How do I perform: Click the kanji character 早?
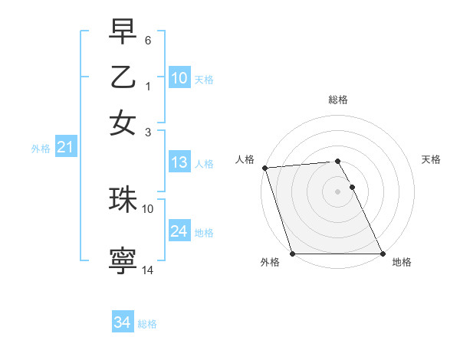[x=123, y=31]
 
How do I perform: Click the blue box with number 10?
[x=179, y=77]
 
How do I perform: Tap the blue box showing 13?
[x=179, y=162]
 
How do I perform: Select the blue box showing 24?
[x=179, y=231]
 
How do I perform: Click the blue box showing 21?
[x=64, y=148]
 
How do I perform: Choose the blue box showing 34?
[x=122, y=322]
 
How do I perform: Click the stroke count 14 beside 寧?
[x=148, y=270]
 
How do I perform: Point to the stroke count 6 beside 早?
[x=148, y=40]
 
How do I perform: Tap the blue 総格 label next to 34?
[x=147, y=324]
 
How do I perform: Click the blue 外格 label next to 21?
[x=40, y=149]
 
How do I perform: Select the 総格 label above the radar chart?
[x=338, y=100]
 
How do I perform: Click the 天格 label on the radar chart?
[x=431, y=159]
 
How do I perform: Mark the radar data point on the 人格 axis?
[x=264, y=168]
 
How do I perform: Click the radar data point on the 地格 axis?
[x=383, y=254]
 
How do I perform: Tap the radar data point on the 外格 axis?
[x=292, y=254]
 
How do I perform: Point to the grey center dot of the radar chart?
[x=337, y=191]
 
